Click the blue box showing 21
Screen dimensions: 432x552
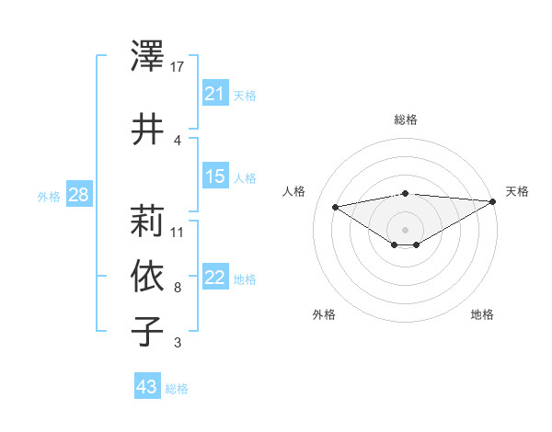[x=215, y=94]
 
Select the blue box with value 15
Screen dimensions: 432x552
[x=215, y=176]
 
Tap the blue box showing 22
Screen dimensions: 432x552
[x=215, y=278]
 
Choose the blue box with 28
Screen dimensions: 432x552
[x=78, y=195]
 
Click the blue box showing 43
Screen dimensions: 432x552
[x=147, y=387]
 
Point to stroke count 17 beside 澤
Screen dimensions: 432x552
[x=178, y=66]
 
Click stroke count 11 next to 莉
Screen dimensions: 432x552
[x=178, y=232]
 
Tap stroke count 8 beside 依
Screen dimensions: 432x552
[x=178, y=287]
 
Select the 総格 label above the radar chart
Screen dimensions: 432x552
[x=406, y=119]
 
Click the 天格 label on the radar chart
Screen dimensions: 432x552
[x=517, y=191]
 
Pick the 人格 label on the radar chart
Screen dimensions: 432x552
[x=294, y=191]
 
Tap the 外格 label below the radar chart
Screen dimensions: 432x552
[x=324, y=314]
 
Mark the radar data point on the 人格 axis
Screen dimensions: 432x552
[x=336, y=206]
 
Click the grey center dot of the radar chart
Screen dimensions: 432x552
[x=406, y=228]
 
